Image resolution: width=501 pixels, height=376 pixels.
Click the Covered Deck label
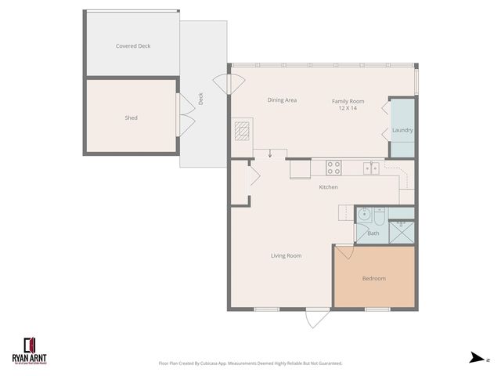[x=133, y=46]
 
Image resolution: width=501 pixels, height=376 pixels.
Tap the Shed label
[x=132, y=118]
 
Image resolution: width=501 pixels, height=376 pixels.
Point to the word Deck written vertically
[x=201, y=99]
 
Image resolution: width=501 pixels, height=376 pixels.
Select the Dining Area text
[x=282, y=100]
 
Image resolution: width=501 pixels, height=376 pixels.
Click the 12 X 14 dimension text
[x=348, y=107]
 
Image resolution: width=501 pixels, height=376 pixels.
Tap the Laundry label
[x=402, y=130]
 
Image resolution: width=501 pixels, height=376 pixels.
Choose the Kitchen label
[x=328, y=188]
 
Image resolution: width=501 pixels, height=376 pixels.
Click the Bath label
[x=373, y=233]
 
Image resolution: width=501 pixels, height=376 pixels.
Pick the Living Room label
[x=287, y=256]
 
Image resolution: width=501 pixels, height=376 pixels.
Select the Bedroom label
[x=373, y=279]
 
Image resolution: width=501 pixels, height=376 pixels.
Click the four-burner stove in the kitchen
[x=333, y=167]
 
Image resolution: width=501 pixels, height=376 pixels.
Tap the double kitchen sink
[x=372, y=167]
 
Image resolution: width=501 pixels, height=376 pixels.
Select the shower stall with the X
[x=402, y=231]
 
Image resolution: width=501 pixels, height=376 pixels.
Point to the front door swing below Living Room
[x=315, y=320]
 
